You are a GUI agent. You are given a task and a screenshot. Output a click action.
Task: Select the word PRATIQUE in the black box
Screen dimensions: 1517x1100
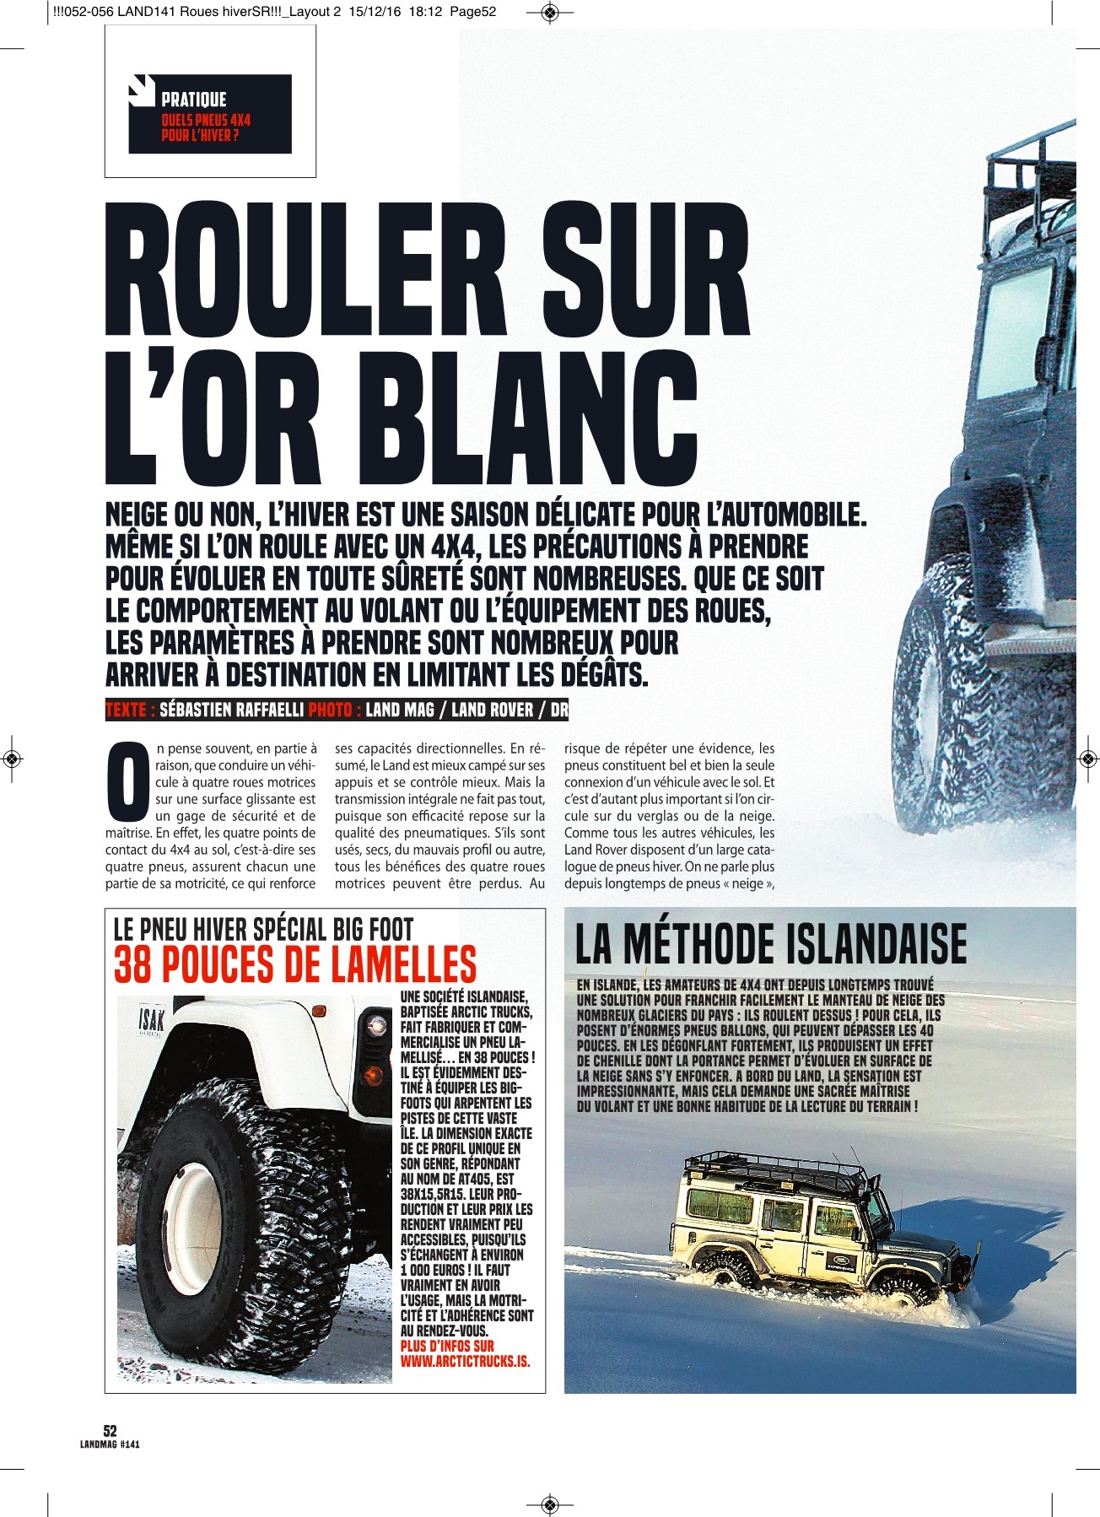tap(194, 100)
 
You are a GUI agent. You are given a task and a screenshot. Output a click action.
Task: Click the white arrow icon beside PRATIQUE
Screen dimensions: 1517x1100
tap(142, 90)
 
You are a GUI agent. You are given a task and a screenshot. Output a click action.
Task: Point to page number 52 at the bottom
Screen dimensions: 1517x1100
tap(110, 1430)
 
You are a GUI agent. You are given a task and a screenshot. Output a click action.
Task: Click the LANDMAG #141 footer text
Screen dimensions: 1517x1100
tap(110, 1444)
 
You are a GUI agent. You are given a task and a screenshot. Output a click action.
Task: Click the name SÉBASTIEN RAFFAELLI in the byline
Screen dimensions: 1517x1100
tap(231, 710)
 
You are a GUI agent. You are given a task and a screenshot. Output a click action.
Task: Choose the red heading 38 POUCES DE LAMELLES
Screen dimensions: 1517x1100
tap(295, 965)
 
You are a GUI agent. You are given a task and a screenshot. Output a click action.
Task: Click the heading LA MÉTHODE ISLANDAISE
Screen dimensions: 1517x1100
tap(770, 943)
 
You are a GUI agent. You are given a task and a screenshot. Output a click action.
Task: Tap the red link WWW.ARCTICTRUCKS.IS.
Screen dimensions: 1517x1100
tap(465, 1361)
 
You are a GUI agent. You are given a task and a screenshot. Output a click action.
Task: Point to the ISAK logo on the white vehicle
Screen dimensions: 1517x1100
tap(150, 1021)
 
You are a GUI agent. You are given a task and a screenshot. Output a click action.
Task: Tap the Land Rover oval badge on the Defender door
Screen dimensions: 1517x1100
tap(844, 1262)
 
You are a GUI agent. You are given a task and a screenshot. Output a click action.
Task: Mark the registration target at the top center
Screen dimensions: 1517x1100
tap(549, 12)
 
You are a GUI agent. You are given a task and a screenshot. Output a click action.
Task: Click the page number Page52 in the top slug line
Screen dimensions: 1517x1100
tap(472, 12)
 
